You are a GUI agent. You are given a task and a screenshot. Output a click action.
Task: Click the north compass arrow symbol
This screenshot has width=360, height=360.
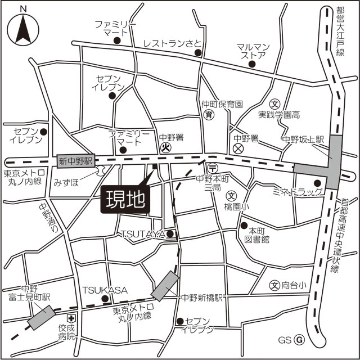[22, 28]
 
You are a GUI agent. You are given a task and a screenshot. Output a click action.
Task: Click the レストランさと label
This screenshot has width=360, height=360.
[172, 43]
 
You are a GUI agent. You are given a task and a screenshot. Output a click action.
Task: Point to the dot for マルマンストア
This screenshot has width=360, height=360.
[251, 64]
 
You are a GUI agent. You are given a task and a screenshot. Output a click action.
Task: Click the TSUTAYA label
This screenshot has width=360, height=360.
[143, 233]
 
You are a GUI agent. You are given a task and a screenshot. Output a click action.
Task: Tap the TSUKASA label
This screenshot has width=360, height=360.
[105, 290]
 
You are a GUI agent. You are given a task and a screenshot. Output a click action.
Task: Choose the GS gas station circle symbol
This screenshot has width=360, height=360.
[300, 340]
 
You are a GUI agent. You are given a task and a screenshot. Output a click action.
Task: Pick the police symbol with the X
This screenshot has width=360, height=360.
[238, 148]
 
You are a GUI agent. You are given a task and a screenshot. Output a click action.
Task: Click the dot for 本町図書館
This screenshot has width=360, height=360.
[244, 226]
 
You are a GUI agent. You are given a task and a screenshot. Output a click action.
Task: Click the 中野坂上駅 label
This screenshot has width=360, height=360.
[303, 139]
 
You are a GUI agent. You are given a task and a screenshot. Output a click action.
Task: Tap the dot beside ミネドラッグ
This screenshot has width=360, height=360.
[317, 183]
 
